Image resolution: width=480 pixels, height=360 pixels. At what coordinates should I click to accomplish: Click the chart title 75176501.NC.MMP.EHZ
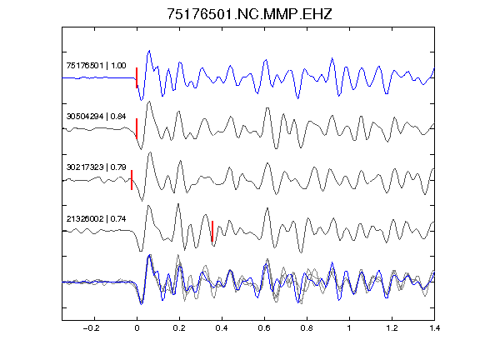[249, 14]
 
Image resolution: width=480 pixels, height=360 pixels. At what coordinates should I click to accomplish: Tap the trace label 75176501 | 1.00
[96, 66]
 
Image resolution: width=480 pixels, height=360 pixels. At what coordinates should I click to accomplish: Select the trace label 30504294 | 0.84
[96, 117]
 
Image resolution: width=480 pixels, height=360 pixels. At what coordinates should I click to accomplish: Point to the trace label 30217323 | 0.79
[96, 167]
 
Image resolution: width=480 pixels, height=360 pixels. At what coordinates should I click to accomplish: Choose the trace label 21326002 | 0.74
[96, 219]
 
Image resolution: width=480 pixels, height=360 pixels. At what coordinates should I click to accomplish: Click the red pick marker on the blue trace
[137, 77]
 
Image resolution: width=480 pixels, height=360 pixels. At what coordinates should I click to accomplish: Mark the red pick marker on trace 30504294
[137, 128]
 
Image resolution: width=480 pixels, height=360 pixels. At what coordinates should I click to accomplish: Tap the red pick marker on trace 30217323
[132, 180]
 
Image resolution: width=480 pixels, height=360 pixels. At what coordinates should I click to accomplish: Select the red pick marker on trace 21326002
[212, 231]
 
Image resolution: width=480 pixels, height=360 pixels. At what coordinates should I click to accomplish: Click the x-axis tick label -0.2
[92, 328]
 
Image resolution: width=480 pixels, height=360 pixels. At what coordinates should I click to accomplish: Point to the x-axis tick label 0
[137, 328]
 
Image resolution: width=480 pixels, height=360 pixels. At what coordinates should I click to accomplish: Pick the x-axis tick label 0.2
[179, 328]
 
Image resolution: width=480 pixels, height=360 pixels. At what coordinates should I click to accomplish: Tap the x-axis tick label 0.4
[222, 328]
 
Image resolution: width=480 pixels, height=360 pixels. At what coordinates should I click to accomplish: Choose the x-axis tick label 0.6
[264, 328]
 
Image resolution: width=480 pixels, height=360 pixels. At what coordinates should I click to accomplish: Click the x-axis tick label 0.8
[307, 328]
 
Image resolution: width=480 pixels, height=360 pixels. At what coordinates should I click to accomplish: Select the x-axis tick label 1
[349, 328]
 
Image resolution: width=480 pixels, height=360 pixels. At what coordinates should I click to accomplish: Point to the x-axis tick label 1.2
[392, 328]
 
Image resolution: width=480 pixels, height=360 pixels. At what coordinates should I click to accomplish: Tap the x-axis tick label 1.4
[434, 328]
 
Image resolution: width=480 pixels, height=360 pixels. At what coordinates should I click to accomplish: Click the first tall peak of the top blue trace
[149, 51]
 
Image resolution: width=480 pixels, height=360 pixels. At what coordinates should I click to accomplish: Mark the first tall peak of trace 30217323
[150, 152]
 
